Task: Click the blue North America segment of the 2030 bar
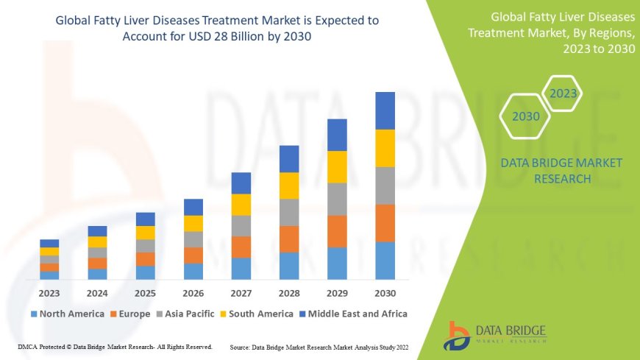pyautogui.click(x=385, y=261)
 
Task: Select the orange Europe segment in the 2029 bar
pyautogui.click(x=337, y=231)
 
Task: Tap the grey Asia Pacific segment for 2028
pyautogui.click(x=289, y=212)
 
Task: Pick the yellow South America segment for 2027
pyautogui.click(x=241, y=205)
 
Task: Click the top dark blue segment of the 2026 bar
pyautogui.click(x=193, y=207)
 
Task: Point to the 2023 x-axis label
pyautogui.click(x=49, y=292)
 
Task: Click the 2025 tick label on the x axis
pyautogui.click(x=145, y=292)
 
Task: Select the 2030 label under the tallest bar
pyautogui.click(x=385, y=292)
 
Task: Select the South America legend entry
pyautogui.click(x=257, y=314)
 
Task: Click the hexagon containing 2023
pyautogui.click(x=563, y=94)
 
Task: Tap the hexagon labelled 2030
pyautogui.click(x=526, y=116)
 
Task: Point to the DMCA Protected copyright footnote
pyautogui.click(x=115, y=346)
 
